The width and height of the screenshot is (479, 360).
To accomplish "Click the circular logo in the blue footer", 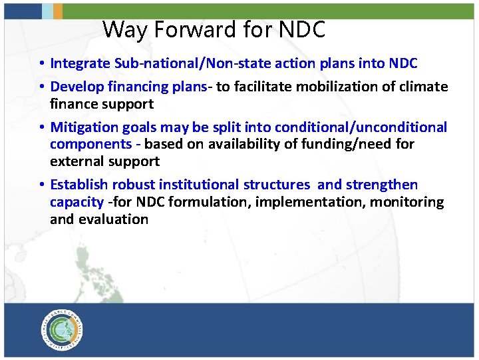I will click(63, 329).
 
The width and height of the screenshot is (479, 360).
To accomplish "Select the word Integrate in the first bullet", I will click(80, 63).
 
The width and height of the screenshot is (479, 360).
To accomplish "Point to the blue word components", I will click(90, 144).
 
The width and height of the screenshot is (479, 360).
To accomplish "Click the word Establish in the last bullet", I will click(79, 185).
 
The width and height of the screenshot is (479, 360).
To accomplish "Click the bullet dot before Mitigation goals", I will click(41, 127).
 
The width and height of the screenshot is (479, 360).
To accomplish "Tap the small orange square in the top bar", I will click(58, 11).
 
